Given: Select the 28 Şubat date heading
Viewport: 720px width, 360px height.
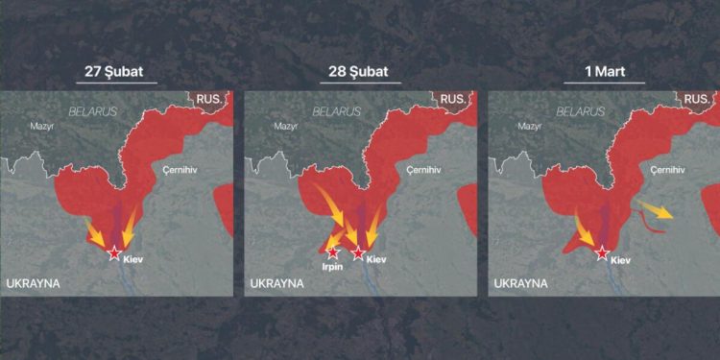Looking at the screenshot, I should click(360, 71).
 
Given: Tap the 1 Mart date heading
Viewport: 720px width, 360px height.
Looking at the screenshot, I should click(603, 71).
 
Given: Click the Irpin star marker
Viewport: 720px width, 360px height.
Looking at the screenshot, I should click(333, 253).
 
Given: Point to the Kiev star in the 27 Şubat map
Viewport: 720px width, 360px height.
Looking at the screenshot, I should click(114, 252).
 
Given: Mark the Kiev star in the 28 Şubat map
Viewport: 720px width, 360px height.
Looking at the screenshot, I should click(358, 252).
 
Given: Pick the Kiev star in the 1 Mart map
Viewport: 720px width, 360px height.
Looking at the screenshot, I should click(602, 252).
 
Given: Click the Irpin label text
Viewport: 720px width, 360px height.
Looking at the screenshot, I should click(332, 269).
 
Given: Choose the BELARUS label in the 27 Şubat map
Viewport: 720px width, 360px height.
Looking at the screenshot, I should click(92, 111).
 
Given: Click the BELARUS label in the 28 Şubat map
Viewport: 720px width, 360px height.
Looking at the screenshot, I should click(336, 111).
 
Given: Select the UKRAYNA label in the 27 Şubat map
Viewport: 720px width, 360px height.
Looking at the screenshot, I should click(34, 284).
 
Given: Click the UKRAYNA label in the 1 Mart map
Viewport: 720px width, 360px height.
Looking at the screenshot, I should click(520, 284).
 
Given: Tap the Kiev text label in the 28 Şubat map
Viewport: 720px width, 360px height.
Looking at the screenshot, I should click(376, 259).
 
